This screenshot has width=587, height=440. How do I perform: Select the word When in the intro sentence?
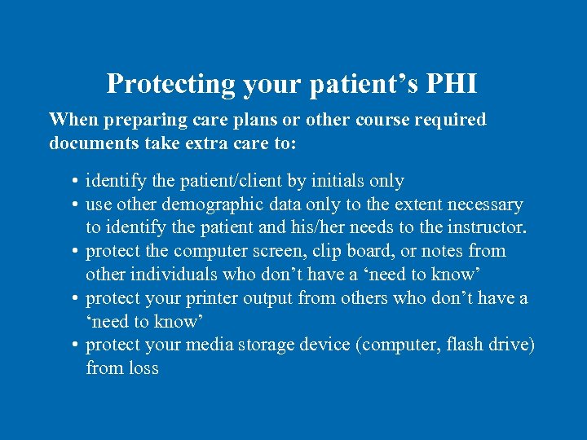point(70,120)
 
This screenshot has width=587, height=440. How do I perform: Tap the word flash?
point(468,345)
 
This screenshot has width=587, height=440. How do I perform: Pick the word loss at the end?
point(143,368)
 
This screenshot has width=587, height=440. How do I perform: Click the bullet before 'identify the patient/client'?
point(74,181)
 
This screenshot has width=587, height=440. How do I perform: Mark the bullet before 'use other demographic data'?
point(74,205)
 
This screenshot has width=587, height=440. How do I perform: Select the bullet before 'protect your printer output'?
point(74,298)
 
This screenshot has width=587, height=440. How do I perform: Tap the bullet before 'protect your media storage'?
point(74,345)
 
